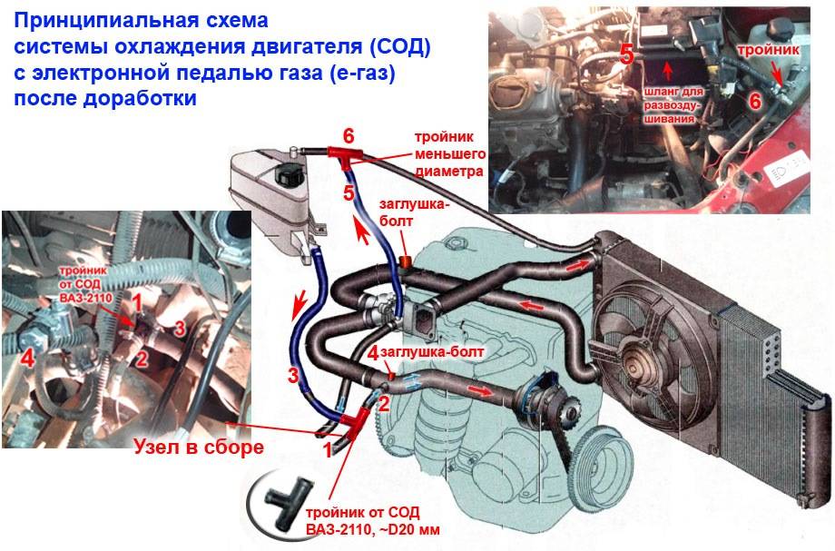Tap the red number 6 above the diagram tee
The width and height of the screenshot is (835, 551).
(x=348, y=134)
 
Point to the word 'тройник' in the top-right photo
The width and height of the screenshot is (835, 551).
(x=768, y=52)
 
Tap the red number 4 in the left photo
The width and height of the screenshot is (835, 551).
(x=28, y=359)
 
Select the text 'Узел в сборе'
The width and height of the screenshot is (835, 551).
(x=199, y=446)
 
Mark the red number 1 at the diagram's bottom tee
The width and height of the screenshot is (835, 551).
(x=328, y=448)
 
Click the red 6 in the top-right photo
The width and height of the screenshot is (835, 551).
(x=754, y=101)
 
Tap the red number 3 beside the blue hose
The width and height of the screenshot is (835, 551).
(x=292, y=375)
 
